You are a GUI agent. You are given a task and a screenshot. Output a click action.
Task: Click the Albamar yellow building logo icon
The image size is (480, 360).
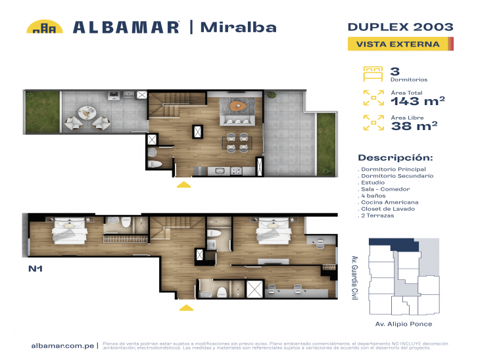pos(44,27)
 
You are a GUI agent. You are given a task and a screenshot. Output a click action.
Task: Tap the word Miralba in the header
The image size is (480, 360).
pos(237,27)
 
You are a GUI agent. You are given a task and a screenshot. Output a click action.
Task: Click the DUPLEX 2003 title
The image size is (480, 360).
pos(400,27)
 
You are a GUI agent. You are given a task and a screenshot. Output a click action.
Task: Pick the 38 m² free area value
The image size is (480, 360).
pos(414,126)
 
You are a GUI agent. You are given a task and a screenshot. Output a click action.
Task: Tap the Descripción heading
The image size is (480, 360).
pos(395,158)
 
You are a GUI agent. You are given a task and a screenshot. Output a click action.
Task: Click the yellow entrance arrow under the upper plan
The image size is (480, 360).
pos(184,185)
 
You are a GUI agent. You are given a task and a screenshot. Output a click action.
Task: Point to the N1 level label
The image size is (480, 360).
pos(36,269)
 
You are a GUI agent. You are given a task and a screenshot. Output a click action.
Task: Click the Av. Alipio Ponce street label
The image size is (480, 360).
pos(403,324)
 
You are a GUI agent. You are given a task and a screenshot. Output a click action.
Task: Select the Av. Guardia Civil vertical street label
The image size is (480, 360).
pos(354,277)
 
